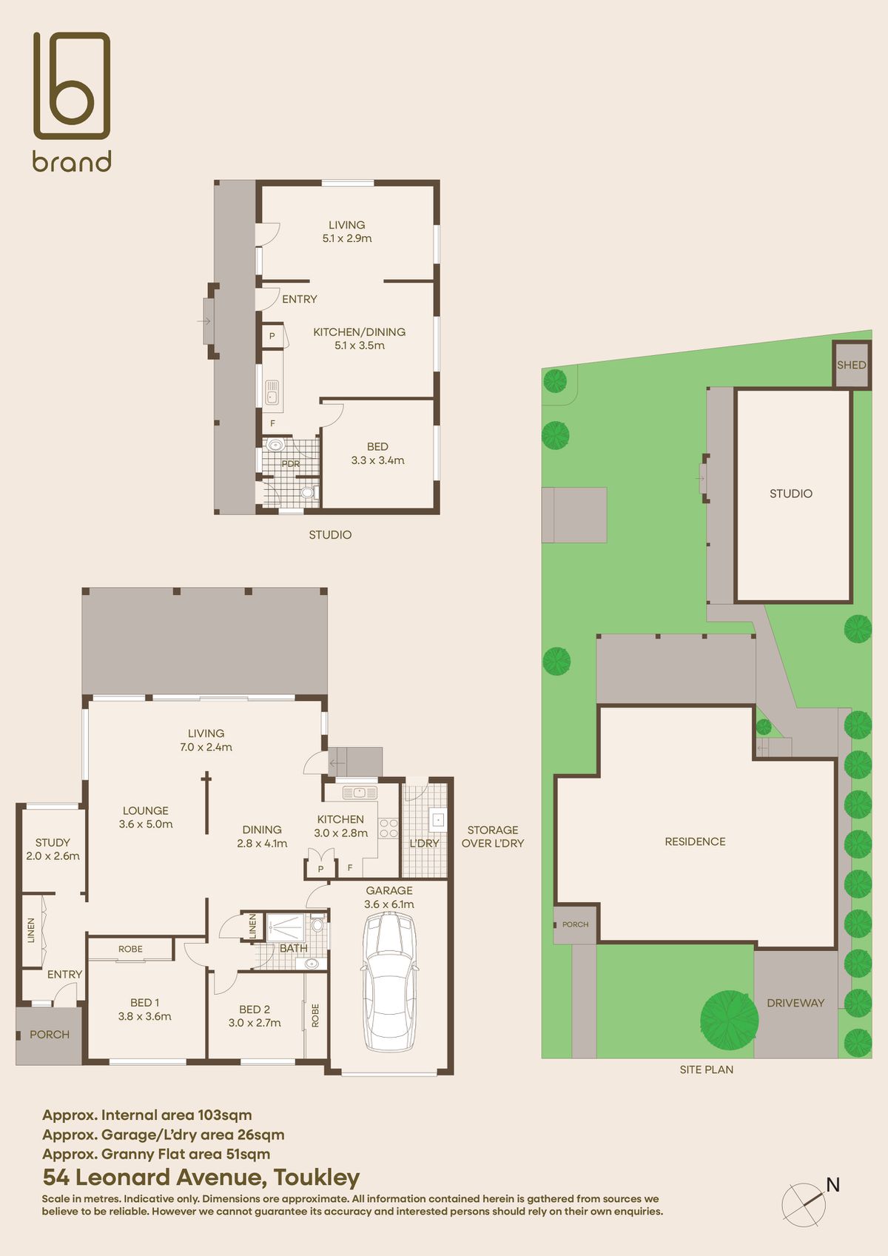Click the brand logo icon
click(x=72, y=86)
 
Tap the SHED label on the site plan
click(x=851, y=365)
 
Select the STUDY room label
click(x=53, y=842)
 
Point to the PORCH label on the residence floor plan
click(x=50, y=1035)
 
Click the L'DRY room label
click(x=424, y=843)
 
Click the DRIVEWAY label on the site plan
click(x=795, y=1003)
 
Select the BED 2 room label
click(x=255, y=1010)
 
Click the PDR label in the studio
click(x=291, y=464)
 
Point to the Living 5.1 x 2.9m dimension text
click(x=347, y=238)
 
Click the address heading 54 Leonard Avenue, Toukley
click(x=201, y=1177)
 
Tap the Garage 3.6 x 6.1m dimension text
click(x=389, y=904)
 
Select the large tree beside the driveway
click(x=730, y=1019)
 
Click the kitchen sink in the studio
click(x=272, y=392)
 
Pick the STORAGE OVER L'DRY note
click(x=493, y=836)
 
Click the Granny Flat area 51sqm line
click(x=156, y=1154)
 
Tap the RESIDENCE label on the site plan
click(x=695, y=842)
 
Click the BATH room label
click(x=293, y=948)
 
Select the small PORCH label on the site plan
click(x=575, y=924)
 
